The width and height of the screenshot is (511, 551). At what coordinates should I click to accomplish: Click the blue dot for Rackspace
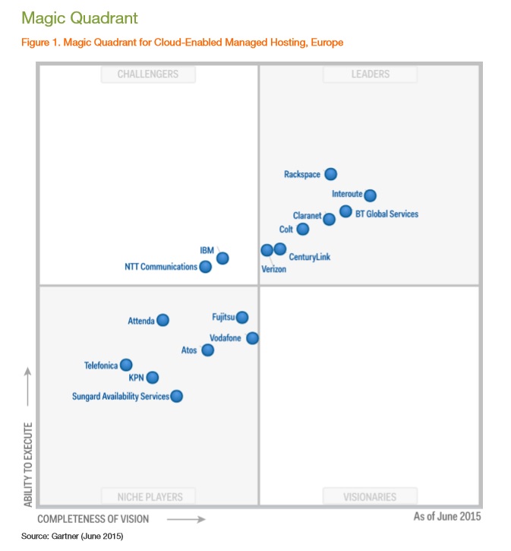[330, 174]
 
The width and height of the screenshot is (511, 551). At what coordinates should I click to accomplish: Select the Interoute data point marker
[370, 195]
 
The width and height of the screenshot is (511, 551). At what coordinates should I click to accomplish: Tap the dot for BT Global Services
[345, 211]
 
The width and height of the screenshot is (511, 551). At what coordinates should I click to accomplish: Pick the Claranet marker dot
[329, 219]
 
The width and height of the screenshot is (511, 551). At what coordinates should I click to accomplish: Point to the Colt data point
[303, 229]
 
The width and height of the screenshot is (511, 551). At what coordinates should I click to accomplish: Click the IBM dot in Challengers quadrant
[222, 258]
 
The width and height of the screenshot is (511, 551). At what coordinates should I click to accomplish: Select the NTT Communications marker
[205, 267]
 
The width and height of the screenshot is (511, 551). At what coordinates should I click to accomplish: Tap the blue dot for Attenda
[162, 321]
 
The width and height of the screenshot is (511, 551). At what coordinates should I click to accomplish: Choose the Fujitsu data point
[242, 317]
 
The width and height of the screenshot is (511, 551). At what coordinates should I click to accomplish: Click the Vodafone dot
[252, 338]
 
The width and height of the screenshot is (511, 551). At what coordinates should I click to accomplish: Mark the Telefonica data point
[126, 365]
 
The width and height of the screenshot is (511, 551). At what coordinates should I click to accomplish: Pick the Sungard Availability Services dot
[176, 396]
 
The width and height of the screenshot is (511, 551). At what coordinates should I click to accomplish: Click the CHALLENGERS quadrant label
[148, 74]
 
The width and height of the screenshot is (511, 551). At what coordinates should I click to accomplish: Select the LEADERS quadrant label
[370, 74]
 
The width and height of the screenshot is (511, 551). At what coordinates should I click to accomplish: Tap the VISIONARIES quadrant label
[370, 497]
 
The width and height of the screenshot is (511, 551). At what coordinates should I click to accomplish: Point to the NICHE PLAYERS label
[150, 497]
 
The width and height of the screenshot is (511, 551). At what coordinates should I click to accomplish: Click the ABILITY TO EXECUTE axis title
[28, 464]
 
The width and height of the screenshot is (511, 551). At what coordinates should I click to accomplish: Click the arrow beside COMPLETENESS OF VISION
[186, 519]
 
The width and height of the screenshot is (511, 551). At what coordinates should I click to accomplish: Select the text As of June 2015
[446, 517]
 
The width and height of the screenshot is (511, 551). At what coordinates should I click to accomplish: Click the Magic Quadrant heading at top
[69, 17]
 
